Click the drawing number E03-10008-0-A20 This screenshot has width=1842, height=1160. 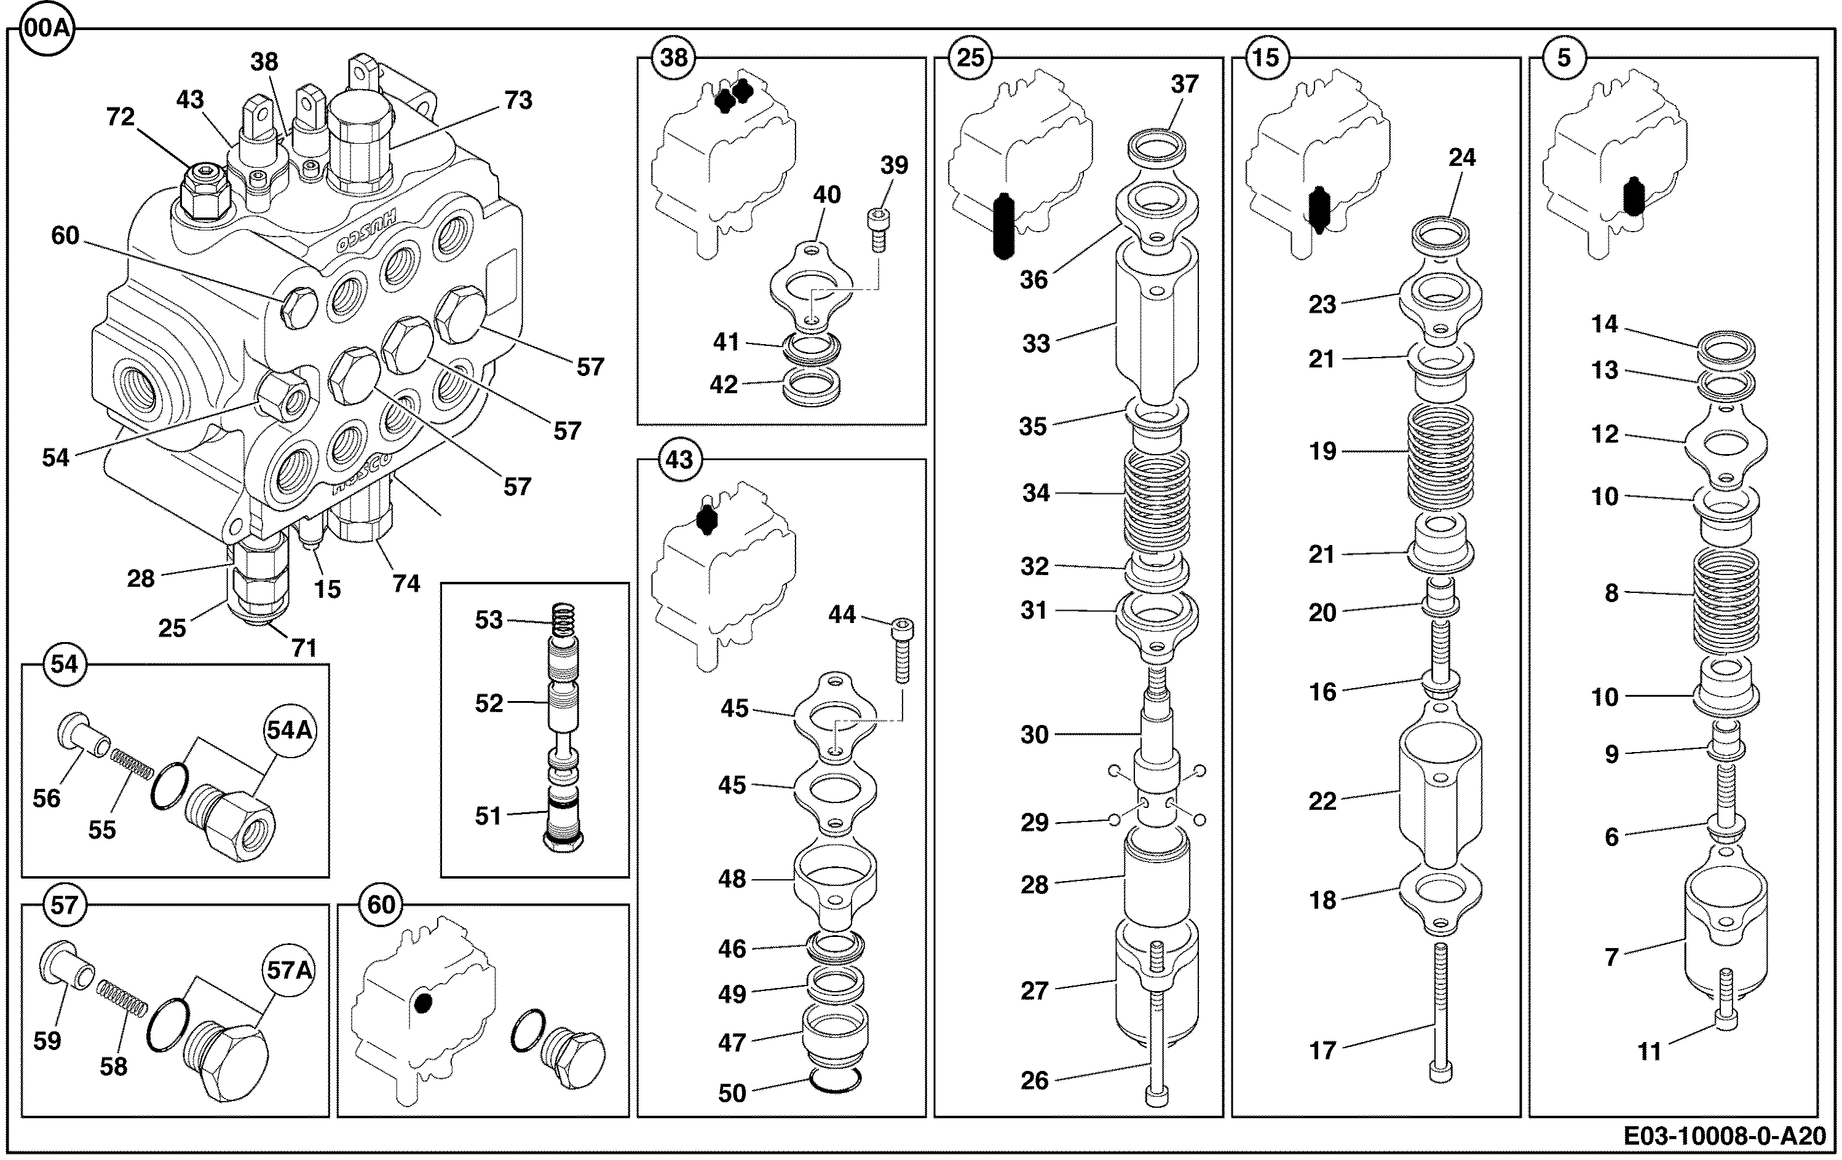pos(1724,1136)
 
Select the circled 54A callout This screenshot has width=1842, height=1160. pos(290,731)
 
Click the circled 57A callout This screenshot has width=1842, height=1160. pos(290,970)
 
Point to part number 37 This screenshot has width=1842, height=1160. pos(1184,84)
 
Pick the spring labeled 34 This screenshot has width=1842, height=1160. pos(1156,498)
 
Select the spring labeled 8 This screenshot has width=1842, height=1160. pos(1726,600)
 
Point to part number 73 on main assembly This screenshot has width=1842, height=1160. pos(519,100)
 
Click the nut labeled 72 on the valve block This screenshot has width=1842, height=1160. pos(204,191)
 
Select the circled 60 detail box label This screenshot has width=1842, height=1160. pos(381,904)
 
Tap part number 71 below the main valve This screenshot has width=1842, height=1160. pos(304,648)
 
